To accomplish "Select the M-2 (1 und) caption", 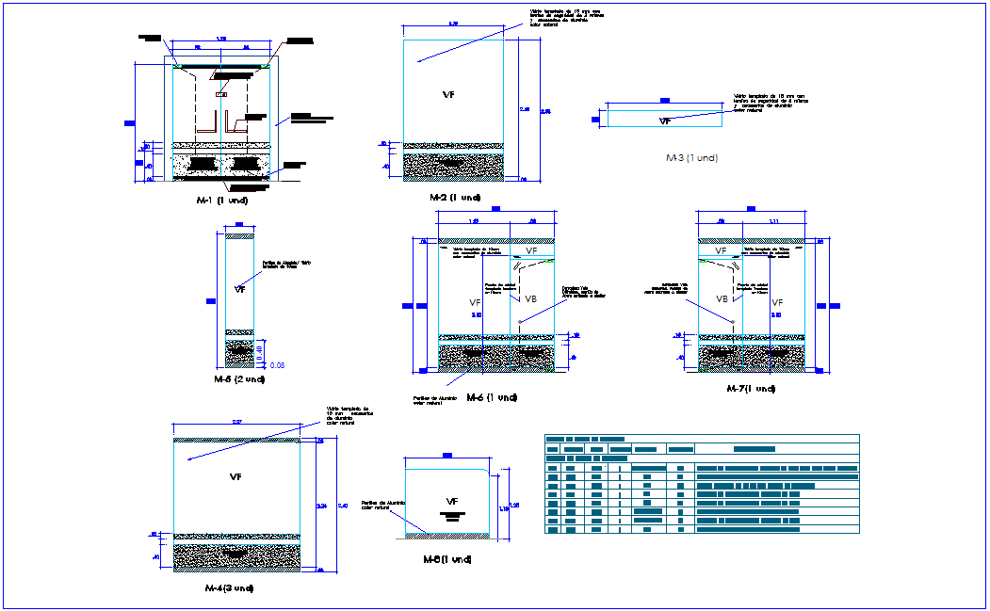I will [454, 198].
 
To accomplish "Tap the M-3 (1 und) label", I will [691, 158].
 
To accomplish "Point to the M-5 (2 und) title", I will [239, 378].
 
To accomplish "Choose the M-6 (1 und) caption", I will [492, 397].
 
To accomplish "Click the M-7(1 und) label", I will [751, 388].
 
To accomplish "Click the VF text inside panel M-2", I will [449, 95].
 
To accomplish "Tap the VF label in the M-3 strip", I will [665, 121].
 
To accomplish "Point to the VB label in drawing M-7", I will [722, 298].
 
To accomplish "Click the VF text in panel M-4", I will [235, 477].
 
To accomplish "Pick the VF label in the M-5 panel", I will [239, 289].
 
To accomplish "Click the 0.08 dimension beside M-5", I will [277, 365].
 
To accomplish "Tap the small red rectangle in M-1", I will [221, 94].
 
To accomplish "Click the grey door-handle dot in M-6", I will [520, 322].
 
